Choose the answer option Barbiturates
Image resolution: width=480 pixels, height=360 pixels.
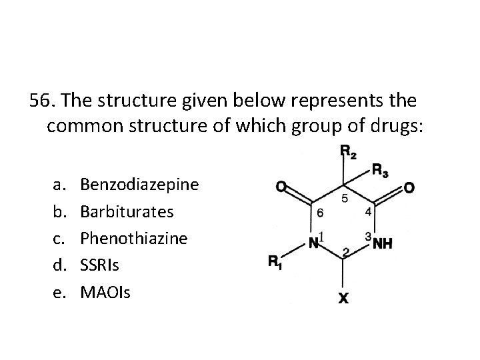click(x=127, y=211)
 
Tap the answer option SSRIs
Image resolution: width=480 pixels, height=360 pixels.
click(x=99, y=265)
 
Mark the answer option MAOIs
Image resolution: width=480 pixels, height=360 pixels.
click(x=104, y=291)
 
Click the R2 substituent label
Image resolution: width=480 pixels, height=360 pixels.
click(x=348, y=152)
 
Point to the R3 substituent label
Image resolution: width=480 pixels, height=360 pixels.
click(x=381, y=171)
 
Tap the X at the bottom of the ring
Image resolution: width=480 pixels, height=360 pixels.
click(x=341, y=299)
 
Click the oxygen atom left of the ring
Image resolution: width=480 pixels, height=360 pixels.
click(x=283, y=189)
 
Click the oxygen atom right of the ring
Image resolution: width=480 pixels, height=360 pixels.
click(x=408, y=189)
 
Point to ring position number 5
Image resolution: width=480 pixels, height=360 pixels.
click(x=343, y=199)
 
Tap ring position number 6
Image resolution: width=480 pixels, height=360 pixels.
click(x=320, y=214)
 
